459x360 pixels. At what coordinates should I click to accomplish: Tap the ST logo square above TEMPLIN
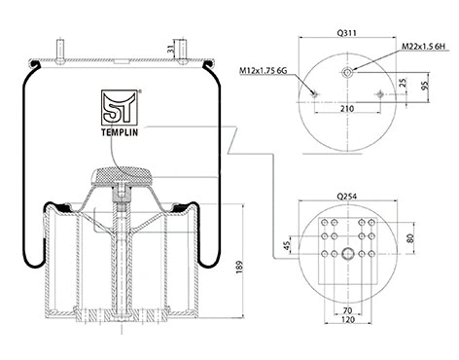(117, 105)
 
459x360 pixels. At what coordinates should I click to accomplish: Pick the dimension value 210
(347, 109)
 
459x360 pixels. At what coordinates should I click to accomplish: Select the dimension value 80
(409, 236)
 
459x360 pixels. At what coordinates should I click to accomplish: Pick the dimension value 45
(286, 246)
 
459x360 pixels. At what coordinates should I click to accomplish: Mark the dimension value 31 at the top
(171, 50)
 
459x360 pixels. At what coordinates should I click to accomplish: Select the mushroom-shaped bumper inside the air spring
(121, 178)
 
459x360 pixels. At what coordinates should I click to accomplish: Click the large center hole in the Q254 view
(346, 255)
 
